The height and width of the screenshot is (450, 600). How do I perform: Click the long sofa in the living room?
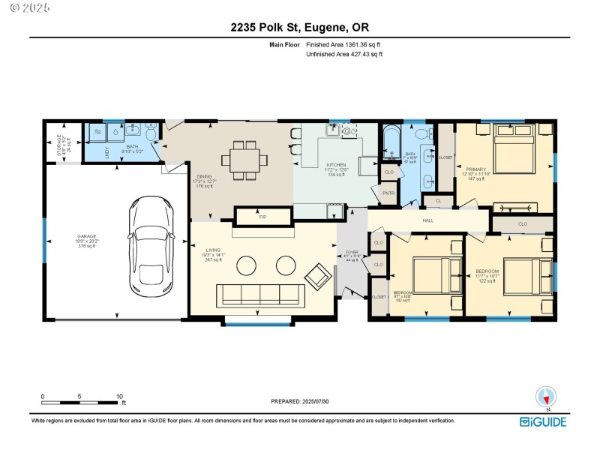tap(259, 295)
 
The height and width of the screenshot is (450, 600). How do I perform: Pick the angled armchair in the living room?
tap(318, 277)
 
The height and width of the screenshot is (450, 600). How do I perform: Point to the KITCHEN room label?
tap(335, 164)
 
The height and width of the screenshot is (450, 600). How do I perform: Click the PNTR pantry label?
tap(388, 193)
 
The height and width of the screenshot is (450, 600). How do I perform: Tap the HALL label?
tap(428, 220)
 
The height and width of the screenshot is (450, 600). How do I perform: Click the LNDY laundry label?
tap(107, 151)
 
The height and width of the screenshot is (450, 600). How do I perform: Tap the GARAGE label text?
tap(86, 236)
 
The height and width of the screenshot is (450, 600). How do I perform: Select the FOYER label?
tap(352, 252)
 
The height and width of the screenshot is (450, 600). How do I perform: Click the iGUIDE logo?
tap(544, 421)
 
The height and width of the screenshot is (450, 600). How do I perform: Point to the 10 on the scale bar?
tap(119, 396)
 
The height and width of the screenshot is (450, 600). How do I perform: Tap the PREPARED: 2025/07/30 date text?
tap(299, 401)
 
